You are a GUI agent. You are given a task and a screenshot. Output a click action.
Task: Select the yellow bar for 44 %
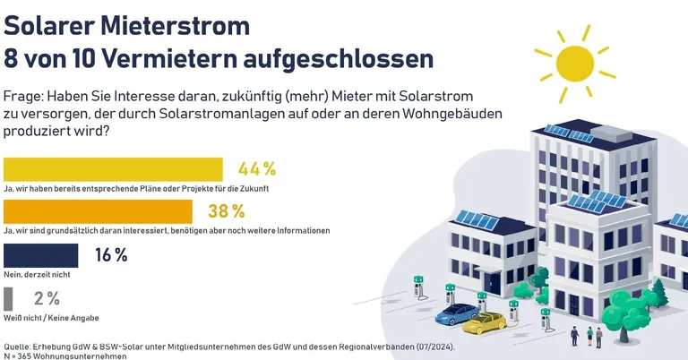[113, 169]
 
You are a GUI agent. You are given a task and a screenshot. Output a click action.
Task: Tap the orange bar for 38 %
[98, 211]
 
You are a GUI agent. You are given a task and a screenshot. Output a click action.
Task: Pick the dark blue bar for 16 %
[41, 254]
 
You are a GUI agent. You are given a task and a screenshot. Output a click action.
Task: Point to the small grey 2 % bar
[9, 298]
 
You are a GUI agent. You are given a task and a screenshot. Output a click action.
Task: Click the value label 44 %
[256, 169]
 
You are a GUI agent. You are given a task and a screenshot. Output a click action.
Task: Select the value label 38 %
[226, 211]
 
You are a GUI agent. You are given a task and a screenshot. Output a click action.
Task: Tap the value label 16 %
[111, 254]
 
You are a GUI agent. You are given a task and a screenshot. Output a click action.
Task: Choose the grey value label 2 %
[47, 298]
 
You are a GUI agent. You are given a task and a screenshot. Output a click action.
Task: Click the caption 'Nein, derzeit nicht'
[38, 274]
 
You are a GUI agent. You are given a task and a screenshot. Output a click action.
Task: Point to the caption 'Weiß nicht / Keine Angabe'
[52, 318]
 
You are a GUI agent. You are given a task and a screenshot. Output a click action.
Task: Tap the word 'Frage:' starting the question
[22, 96]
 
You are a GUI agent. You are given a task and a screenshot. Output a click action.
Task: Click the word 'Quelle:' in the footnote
[20, 346]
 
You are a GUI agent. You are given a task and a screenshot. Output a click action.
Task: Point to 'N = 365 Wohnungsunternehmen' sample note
[65, 356]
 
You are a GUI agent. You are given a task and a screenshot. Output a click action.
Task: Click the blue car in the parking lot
[456, 313]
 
